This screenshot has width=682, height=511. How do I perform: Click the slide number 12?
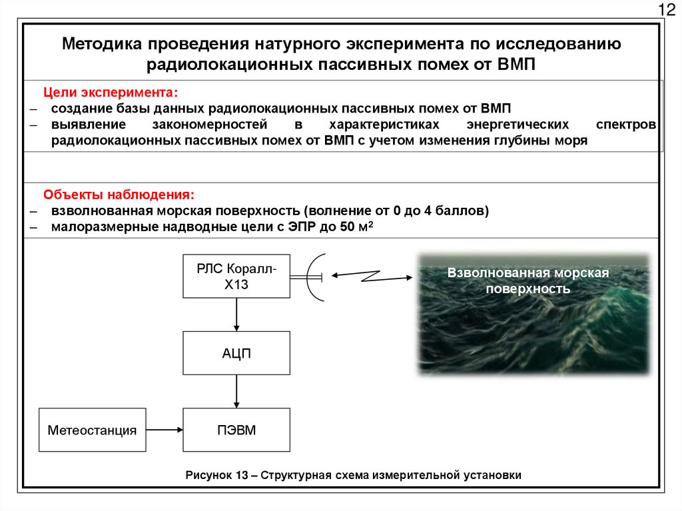[x=666, y=10]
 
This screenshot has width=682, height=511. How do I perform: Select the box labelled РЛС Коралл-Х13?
[x=236, y=275]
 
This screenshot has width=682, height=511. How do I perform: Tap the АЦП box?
[x=236, y=352]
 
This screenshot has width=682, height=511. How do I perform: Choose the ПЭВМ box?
[x=236, y=430]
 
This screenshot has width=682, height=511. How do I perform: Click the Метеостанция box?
[x=92, y=430]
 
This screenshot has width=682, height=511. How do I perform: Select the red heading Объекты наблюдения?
[x=119, y=195]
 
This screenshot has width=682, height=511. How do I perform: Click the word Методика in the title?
[x=100, y=45]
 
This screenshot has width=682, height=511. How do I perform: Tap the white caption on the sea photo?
[x=528, y=281]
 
